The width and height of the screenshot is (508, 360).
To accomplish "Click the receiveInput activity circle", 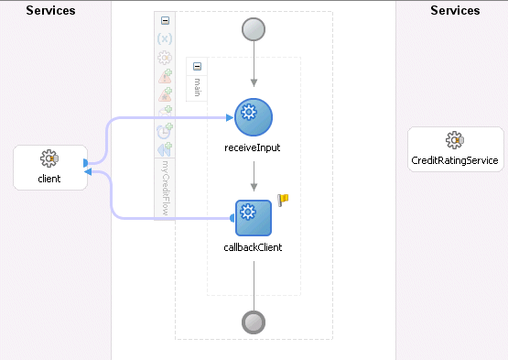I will pos(254,117).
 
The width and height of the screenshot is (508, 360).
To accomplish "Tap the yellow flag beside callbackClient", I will pos(283,201).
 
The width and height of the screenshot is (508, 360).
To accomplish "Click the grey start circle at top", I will pos(254,28).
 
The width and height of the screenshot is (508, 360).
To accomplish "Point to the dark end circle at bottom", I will pos(254,322).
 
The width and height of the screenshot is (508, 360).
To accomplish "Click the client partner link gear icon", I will pos(49,160).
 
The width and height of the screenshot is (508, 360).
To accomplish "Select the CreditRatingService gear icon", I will pos(453,140).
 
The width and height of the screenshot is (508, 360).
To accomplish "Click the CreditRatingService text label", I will pos(454,160).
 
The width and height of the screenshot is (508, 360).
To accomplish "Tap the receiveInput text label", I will pos(254,147).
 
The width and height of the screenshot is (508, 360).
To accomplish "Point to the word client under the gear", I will pos(49,179).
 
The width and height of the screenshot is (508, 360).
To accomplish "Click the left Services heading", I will pos(50,11).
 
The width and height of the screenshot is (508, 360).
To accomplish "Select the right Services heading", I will pos(454,11).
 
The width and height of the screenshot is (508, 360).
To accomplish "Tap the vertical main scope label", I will pos(196,88).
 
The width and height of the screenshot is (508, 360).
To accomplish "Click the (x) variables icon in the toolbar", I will pos(165,38).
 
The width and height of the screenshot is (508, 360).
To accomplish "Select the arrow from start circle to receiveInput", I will pos(254,69).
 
